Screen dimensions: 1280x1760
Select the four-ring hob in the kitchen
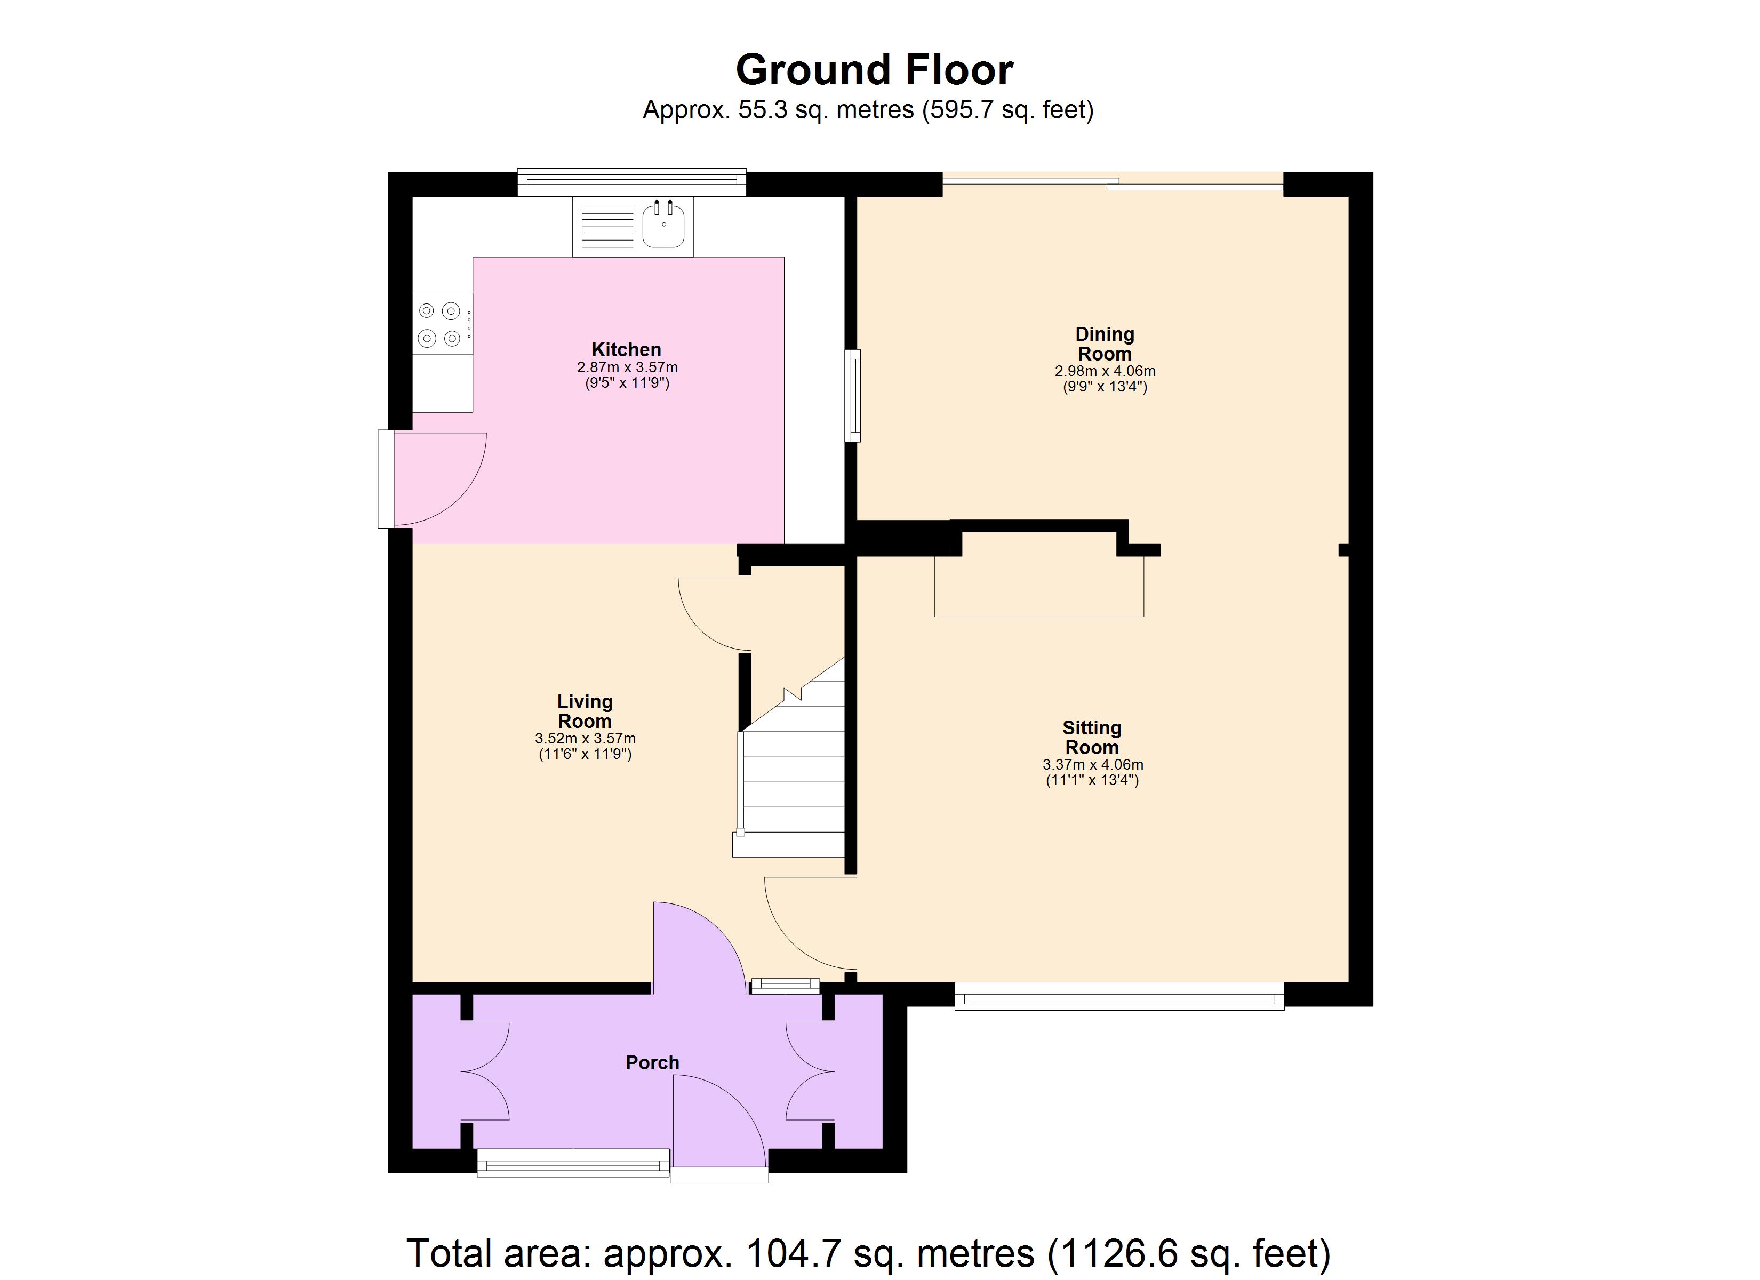point(440,324)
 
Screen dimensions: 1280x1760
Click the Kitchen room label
point(626,349)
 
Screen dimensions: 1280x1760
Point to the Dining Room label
point(1105,344)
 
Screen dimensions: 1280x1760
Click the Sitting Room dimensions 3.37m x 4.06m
point(1092,765)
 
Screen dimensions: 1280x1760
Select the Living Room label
point(585,711)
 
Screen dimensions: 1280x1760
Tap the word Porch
point(652,1062)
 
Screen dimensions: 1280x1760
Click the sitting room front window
point(1118,996)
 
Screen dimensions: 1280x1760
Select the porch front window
point(573,1163)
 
